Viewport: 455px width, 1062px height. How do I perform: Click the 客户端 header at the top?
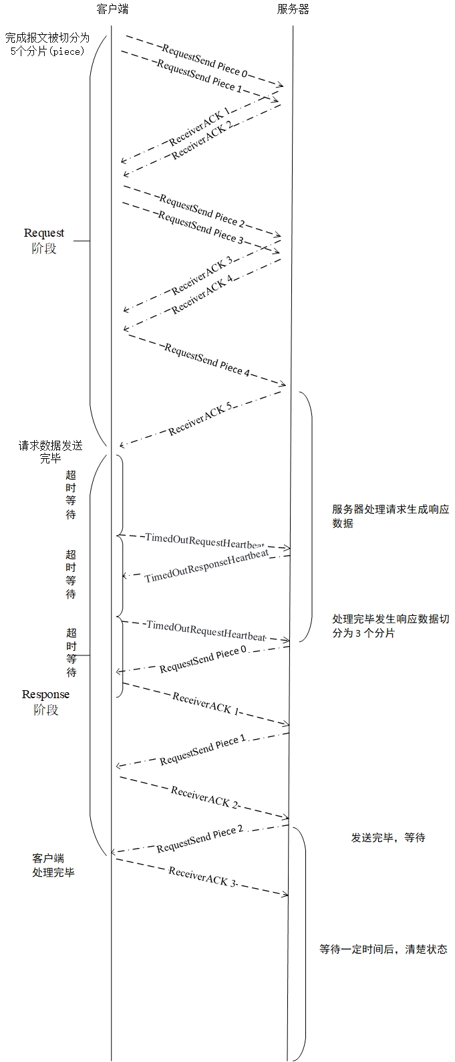112,9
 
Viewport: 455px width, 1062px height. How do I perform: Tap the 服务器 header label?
293,9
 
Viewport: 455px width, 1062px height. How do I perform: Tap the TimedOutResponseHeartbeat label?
206,568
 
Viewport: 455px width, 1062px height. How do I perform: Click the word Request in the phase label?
44,233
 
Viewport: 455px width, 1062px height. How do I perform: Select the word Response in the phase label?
45,694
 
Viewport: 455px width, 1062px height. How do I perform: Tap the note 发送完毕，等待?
388,837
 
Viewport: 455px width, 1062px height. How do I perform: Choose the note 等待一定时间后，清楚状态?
383,949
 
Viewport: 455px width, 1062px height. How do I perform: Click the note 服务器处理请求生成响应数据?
391,516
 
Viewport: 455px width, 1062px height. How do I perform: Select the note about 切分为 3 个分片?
391,625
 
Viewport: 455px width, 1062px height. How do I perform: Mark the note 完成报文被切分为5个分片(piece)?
47,44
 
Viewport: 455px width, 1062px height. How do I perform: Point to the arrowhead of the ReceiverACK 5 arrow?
121,445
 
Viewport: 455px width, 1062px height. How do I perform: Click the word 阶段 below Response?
45,710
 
